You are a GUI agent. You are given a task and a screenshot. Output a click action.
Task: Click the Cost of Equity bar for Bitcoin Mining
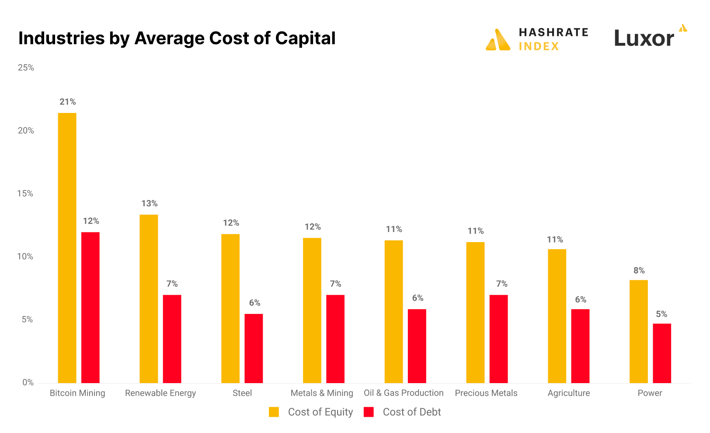(67, 248)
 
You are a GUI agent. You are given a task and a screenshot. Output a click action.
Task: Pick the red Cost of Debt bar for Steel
(254, 348)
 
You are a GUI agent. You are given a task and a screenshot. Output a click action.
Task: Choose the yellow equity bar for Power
(638, 331)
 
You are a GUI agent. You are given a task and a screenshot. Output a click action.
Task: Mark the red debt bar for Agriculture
(580, 346)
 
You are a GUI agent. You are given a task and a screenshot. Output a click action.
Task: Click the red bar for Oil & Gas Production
(417, 346)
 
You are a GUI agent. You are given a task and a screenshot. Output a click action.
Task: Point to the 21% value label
(68, 102)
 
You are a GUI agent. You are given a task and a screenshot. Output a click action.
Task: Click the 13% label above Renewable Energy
(149, 204)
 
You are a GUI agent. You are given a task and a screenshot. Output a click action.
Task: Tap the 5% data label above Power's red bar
(661, 314)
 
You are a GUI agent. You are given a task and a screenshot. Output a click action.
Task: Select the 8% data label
(639, 271)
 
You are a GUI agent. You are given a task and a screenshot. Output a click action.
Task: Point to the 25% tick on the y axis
(26, 68)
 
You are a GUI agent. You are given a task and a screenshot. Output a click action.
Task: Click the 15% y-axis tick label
(25, 194)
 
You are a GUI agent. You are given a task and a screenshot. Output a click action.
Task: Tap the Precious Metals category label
(486, 393)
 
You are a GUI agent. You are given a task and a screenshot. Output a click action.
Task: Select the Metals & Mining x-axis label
(322, 393)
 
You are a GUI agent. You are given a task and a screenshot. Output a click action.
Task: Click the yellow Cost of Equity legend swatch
(274, 412)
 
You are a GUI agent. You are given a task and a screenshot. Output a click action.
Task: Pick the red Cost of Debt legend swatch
(369, 412)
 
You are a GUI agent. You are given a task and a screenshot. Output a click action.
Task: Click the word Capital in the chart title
(305, 39)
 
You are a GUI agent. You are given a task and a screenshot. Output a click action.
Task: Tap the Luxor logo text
(644, 39)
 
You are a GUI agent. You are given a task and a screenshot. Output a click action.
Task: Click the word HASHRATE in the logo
(553, 32)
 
